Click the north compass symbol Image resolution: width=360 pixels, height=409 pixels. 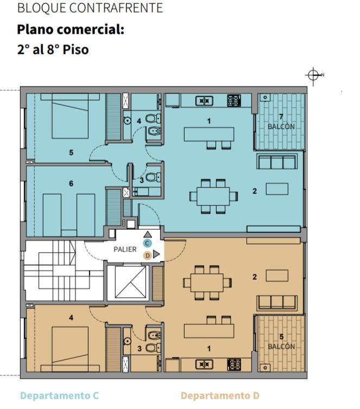(x=313, y=75)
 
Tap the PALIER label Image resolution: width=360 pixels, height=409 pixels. (x=125, y=249)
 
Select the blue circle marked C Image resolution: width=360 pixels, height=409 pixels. (x=147, y=243)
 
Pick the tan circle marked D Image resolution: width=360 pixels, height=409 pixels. (x=148, y=256)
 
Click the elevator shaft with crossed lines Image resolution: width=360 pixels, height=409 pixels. (x=131, y=282)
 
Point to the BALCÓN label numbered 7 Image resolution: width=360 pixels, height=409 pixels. (x=281, y=127)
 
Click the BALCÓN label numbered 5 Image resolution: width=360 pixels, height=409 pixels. (x=281, y=347)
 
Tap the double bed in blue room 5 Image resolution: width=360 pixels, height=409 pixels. (x=70, y=116)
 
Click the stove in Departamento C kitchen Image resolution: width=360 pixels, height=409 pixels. (x=234, y=100)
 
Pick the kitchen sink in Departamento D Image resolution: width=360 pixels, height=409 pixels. (x=204, y=364)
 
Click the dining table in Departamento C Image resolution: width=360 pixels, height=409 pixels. (x=213, y=197)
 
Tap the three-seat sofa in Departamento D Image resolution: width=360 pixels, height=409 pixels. (x=277, y=303)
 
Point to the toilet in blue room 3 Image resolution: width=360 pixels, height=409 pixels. (x=153, y=178)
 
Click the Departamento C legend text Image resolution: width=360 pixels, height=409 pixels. (x=59, y=395)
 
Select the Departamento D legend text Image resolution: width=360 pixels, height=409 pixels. (x=220, y=395)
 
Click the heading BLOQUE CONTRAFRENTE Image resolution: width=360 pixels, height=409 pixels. (x=90, y=8)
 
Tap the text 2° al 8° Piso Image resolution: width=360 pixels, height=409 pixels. (x=53, y=49)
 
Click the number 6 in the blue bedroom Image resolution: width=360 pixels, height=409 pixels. (x=71, y=184)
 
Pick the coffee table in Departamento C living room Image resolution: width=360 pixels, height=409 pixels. (x=277, y=189)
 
